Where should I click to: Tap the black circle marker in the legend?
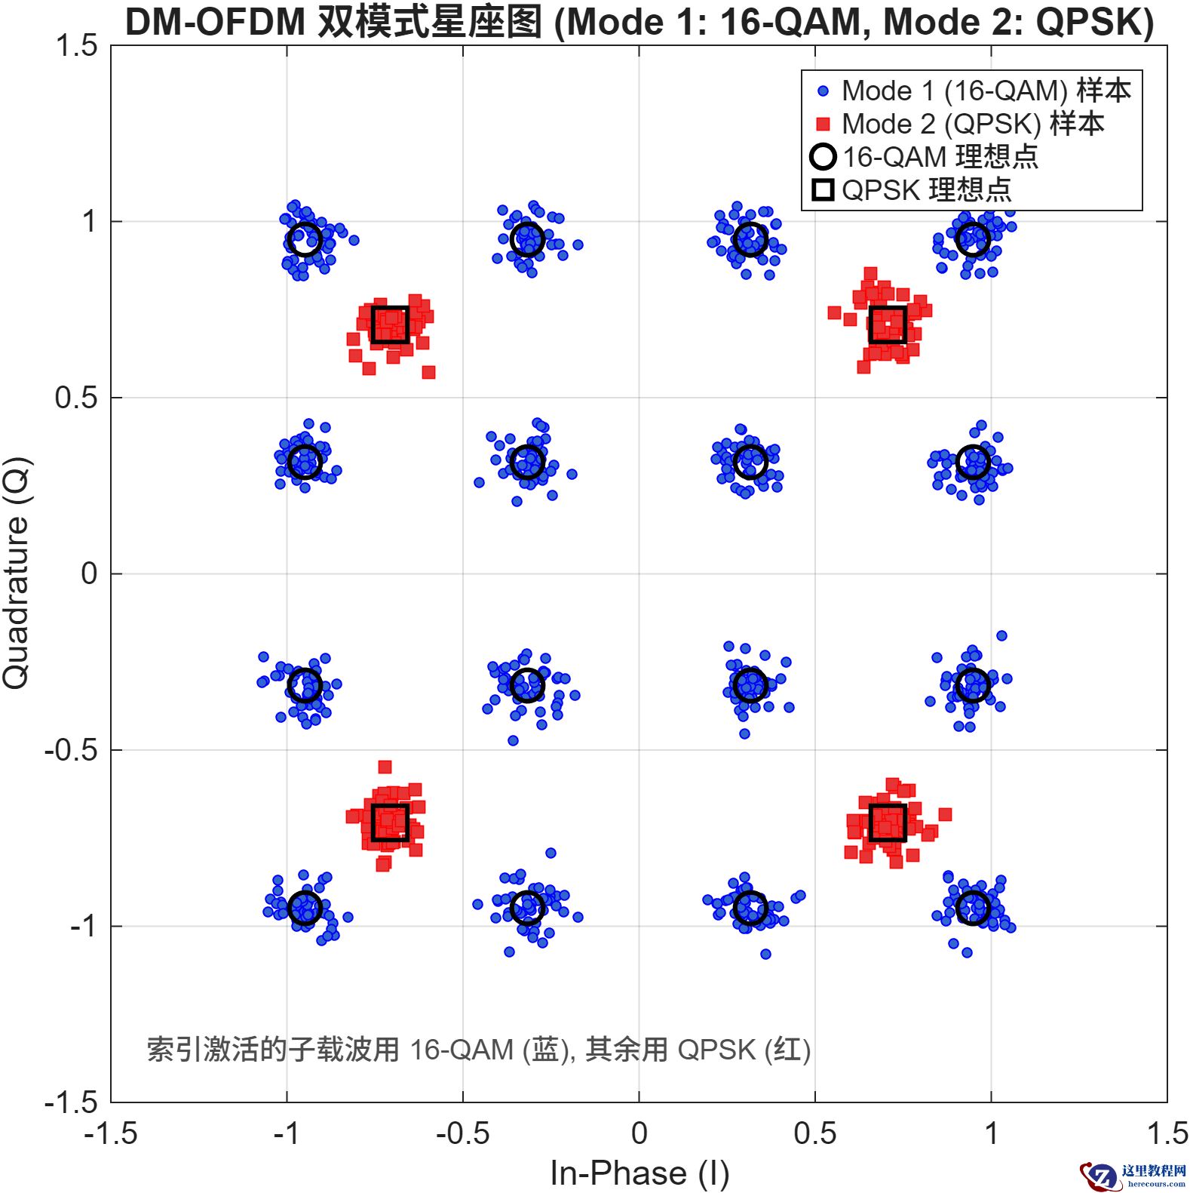[823, 157]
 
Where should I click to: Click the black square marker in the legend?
[823, 190]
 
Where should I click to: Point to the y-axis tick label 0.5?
[76, 398]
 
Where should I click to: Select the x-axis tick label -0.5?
[462, 1133]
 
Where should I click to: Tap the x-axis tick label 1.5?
[1166, 1133]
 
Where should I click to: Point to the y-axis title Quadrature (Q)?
[17, 573]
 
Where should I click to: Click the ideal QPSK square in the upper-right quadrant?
[888, 324]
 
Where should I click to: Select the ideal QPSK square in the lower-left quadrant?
[390, 822]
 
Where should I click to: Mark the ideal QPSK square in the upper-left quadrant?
[390, 324]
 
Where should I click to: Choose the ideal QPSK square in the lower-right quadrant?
[888, 822]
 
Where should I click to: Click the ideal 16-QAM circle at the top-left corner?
[305, 240]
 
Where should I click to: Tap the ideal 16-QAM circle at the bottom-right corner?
[973, 908]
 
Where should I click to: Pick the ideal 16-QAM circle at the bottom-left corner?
[305, 908]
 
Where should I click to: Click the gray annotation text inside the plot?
[478, 1050]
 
